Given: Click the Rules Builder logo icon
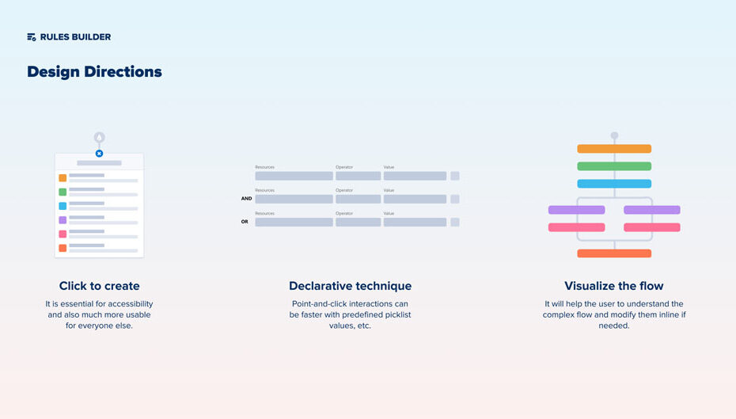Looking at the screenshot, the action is (32, 37).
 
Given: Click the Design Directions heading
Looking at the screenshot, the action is (94, 72).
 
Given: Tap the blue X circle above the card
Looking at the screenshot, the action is (99, 154).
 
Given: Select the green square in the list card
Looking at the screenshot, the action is (63, 192).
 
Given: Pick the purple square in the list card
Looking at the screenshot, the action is (63, 220).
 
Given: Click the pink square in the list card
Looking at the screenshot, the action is (63, 234).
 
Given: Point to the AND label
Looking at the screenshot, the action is (246, 199).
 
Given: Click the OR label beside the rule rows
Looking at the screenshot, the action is (245, 222).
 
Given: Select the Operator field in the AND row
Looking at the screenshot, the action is (359, 199).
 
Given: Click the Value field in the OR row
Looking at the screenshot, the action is (415, 223).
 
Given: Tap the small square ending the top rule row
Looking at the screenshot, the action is (455, 176).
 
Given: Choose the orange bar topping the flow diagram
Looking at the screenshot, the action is (614, 149).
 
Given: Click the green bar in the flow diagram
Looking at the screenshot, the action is (614, 166).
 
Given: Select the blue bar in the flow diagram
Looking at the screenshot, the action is (614, 184).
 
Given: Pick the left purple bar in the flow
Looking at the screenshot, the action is (576, 210).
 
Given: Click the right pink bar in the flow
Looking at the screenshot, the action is (652, 227).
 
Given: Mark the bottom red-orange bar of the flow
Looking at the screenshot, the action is (614, 253).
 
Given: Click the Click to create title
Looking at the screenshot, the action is (100, 286).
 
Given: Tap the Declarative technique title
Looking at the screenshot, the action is (350, 286).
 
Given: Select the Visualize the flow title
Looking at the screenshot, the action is (614, 286).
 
